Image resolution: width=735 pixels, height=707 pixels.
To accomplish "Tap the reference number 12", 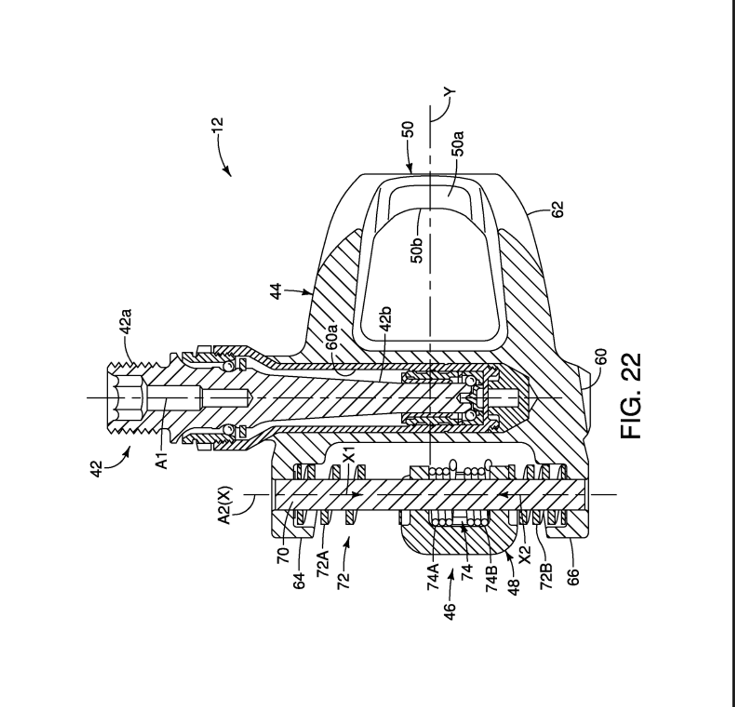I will [217, 125].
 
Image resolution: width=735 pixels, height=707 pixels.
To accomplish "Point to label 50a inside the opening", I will [458, 144].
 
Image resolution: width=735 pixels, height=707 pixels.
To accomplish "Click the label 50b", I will [417, 250].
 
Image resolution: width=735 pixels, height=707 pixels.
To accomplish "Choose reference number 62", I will [558, 209].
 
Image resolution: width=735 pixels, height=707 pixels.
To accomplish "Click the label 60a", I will [332, 337].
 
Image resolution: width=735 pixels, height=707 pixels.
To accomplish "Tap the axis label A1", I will [162, 460].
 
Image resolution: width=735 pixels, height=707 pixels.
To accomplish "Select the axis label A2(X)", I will [224, 505].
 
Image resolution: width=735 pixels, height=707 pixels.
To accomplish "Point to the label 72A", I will [323, 563].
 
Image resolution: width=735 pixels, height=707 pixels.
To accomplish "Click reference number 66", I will [573, 577].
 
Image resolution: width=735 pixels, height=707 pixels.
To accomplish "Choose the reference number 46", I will [450, 611].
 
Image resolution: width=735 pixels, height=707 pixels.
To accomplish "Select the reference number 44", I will [276, 291].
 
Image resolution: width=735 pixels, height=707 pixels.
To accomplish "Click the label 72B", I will [546, 576].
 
